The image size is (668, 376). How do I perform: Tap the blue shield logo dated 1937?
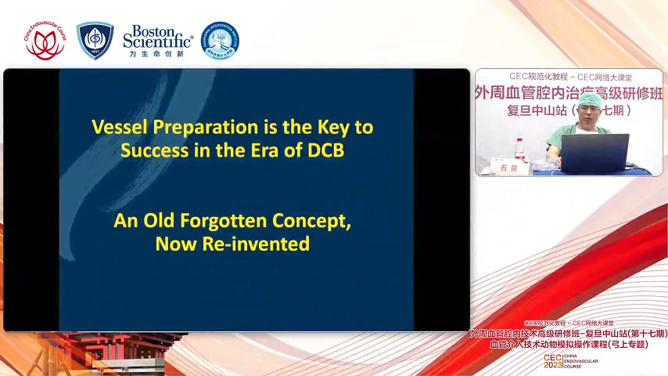click(x=95, y=41)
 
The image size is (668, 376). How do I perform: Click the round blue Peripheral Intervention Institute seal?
click(x=221, y=41)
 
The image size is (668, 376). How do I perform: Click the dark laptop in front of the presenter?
click(x=594, y=153)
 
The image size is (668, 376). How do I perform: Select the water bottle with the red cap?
click(x=520, y=149)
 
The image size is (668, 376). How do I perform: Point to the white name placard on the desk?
click(x=509, y=167)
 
